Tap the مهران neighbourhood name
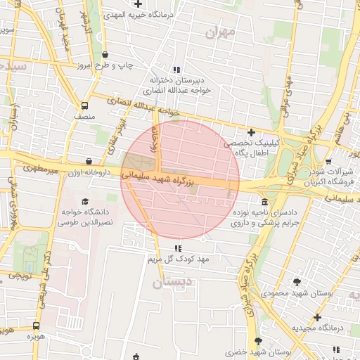click(x=221, y=32)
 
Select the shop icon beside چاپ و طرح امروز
click(x=105, y=55)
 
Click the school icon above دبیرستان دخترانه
click(x=176, y=69)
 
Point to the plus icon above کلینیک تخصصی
click(x=250, y=131)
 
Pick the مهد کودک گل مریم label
click(x=179, y=260)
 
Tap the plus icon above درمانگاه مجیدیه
click(x=317, y=317)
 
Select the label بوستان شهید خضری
click(x=262, y=351)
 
